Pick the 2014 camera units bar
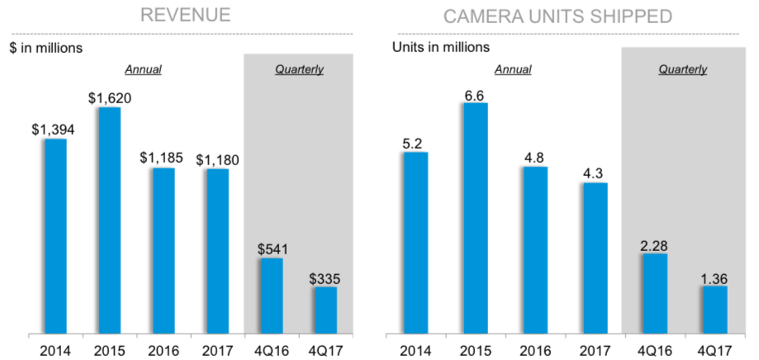416,243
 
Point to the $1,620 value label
109,97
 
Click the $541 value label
272,249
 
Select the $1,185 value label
164,157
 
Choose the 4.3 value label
594,173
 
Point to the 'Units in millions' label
440,47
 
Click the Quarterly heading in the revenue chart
299,69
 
